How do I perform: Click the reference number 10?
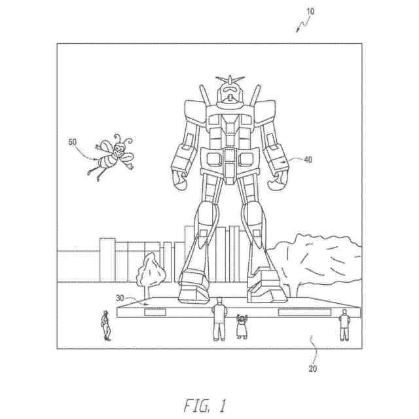(310, 11)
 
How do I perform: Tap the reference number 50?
(73, 141)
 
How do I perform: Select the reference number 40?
(307, 159)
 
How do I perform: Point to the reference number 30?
(120, 299)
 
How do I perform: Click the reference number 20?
(313, 369)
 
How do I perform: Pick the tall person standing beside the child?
(220, 318)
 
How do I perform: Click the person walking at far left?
(105, 325)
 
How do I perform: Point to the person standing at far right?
(344, 324)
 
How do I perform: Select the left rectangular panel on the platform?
(160, 312)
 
